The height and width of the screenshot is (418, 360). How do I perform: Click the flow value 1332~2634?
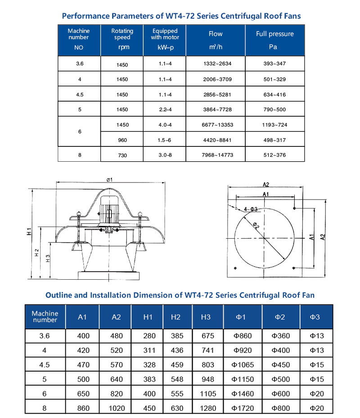[217, 64]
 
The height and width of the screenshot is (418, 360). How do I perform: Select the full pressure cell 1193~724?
[274, 125]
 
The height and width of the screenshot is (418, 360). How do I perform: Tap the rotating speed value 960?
[122, 140]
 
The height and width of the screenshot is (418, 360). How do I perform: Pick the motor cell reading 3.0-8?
[165, 155]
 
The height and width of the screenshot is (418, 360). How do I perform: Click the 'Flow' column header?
[216, 34]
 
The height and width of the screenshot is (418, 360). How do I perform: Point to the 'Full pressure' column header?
[274, 34]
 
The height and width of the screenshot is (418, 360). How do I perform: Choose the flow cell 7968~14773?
[217, 155]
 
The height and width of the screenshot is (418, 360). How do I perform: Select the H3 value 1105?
[208, 394]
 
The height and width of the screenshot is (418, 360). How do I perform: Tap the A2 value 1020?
[116, 408]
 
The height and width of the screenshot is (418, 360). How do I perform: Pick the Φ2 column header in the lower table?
[280, 317]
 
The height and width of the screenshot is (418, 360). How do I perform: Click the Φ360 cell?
[280, 336]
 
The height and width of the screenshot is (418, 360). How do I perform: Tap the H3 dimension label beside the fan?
[48, 259]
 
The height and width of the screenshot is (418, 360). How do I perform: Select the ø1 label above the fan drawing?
[109, 180]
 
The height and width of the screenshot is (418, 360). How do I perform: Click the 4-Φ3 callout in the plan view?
[251, 209]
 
